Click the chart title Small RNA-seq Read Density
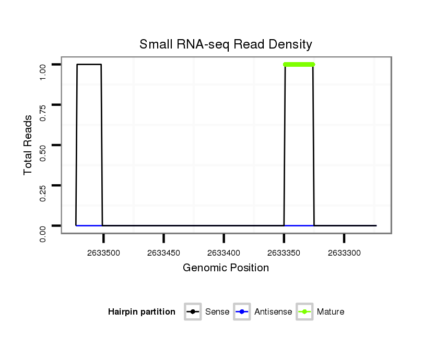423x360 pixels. tap(226, 44)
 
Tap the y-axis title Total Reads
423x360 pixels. tap(28, 145)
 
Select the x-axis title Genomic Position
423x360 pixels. tap(226, 268)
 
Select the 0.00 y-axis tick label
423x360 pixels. tap(44, 233)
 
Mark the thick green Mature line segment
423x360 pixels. tap(299, 64)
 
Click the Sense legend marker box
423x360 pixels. tap(193, 312)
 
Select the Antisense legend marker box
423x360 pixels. tap(242, 312)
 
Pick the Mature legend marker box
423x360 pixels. tap(304, 312)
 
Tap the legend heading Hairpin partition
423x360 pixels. tap(142, 312)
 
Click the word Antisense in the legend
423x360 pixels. tap(273, 312)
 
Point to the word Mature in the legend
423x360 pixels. tap(331, 312)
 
